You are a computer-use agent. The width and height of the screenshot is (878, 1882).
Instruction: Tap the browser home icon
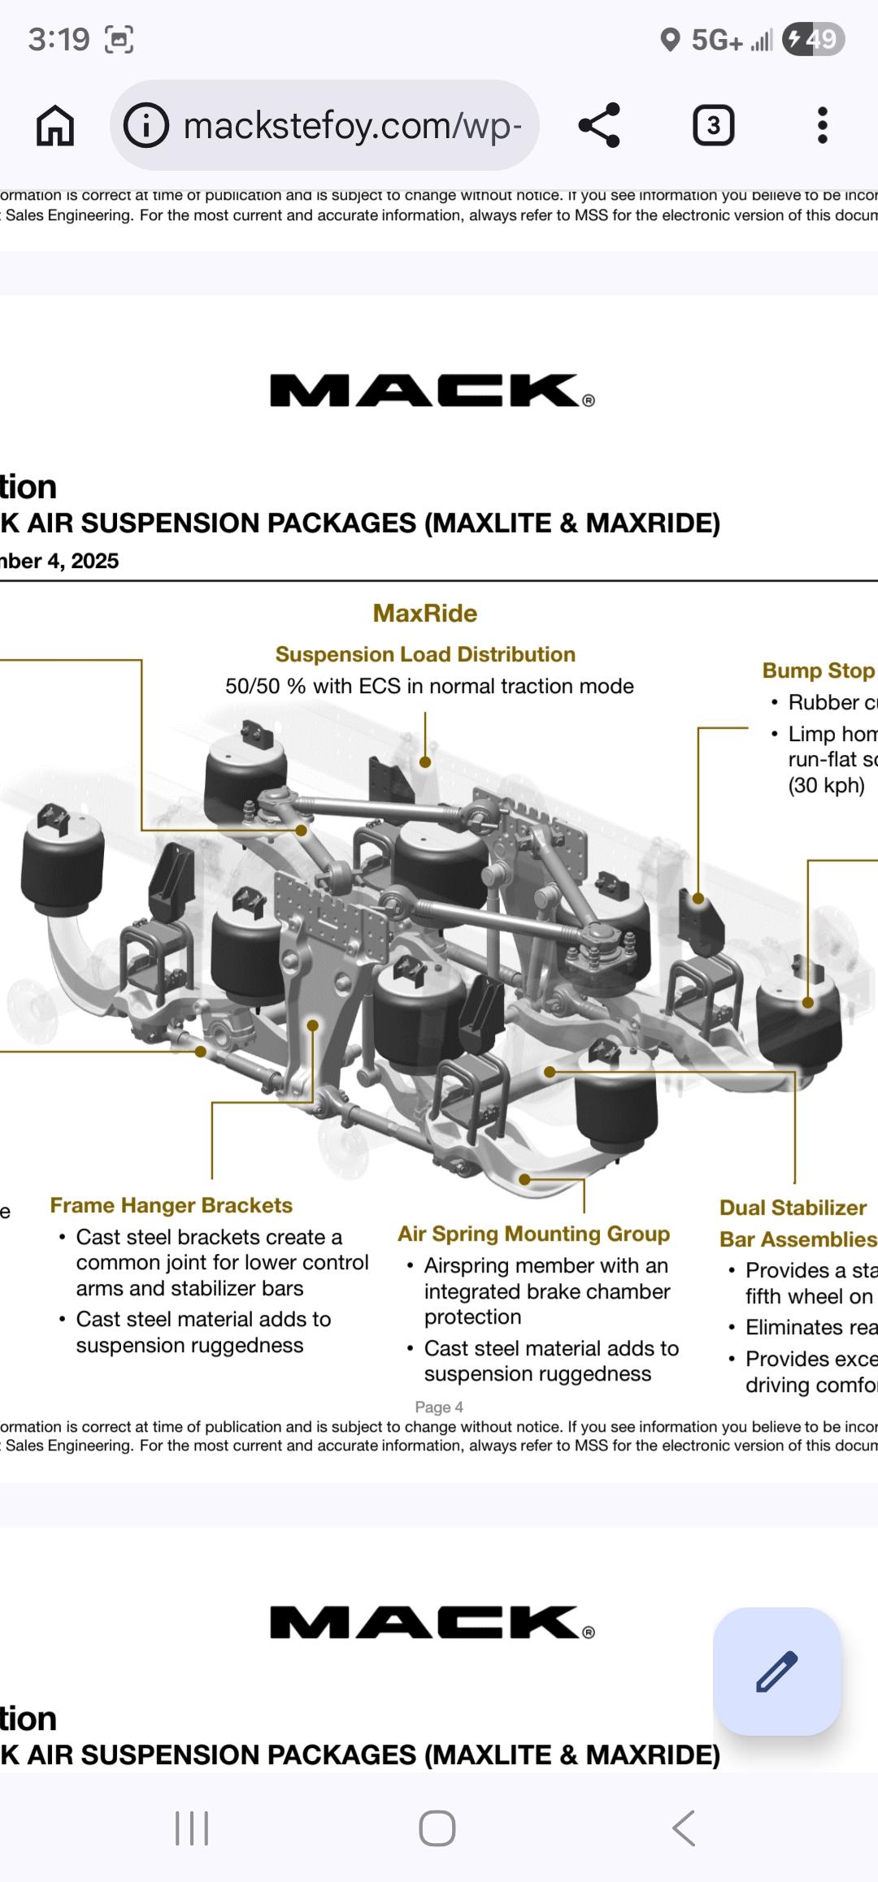[55, 126]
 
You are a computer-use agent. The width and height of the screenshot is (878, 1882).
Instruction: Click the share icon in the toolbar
[599, 126]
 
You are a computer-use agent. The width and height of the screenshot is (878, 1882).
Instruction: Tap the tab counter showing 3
[713, 126]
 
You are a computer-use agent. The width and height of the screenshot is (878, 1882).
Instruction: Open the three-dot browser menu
[823, 126]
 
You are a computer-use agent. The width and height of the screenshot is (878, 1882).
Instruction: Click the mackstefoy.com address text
[352, 126]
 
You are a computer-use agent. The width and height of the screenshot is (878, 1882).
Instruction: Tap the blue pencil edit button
[776, 1672]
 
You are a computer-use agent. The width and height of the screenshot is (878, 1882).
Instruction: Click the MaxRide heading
[424, 614]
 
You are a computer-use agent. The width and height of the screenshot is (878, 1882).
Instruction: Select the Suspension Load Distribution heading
[425, 654]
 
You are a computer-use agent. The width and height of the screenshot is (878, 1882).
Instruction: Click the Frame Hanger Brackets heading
[171, 1205]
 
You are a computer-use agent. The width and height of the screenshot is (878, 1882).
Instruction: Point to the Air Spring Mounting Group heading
[533, 1234]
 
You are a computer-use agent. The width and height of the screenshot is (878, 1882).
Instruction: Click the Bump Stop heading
[818, 670]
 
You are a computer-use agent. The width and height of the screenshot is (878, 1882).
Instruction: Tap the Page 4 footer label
[439, 1407]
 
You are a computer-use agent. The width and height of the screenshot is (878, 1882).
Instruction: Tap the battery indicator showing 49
[813, 39]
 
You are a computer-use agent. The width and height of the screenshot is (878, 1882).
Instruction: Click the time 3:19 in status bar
[59, 39]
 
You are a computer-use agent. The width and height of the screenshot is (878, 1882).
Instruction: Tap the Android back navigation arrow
[684, 1828]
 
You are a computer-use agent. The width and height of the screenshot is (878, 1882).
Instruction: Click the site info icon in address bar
[146, 126]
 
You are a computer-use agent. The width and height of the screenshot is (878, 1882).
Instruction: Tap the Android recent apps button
[192, 1828]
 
